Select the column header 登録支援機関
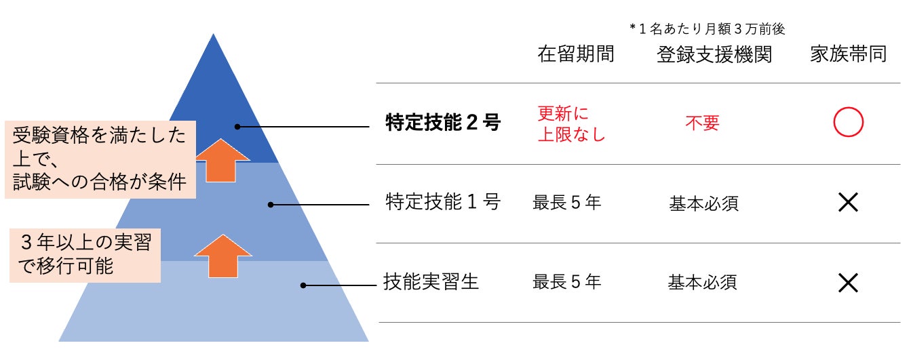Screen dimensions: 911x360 (x=714, y=55)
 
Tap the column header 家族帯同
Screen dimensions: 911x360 (x=848, y=55)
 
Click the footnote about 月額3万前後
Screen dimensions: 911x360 (x=708, y=29)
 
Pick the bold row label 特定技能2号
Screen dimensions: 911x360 (x=442, y=123)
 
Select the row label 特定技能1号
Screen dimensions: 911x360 (x=442, y=202)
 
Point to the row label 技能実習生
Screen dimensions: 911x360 (x=431, y=281)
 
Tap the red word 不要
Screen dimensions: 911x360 (x=702, y=123)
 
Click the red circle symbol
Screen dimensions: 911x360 (x=848, y=123)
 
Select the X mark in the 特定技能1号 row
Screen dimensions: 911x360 (x=848, y=202)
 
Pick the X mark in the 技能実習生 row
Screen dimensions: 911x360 (x=848, y=281)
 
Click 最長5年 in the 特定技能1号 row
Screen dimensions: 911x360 (x=567, y=202)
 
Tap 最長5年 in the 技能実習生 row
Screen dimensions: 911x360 (x=567, y=281)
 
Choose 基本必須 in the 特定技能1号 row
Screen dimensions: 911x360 (x=703, y=202)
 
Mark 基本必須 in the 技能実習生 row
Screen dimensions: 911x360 (x=703, y=281)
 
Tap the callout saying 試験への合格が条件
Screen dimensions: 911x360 (x=100, y=159)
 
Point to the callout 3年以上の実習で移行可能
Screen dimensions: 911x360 (x=85, y=255)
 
